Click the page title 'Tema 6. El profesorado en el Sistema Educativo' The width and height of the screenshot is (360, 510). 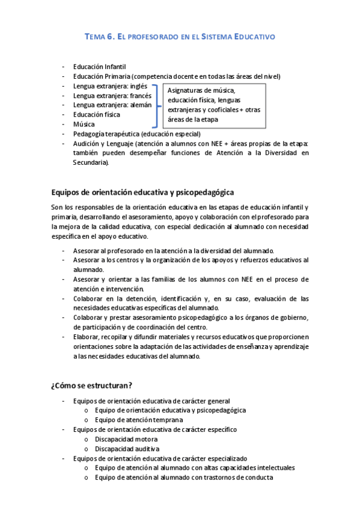[x=180, y=37]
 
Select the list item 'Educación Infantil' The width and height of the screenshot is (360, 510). [x=99, y=67]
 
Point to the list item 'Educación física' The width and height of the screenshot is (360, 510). [x=96, y=114]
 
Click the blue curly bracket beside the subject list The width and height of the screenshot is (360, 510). [x=157, y=105]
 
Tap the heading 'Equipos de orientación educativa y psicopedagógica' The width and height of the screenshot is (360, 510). [x=142, y=192]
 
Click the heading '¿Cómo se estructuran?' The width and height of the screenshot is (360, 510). [x=92, y=386]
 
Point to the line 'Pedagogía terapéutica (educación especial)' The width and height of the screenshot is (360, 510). [x=136, y=134]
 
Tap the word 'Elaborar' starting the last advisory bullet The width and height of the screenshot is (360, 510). [x=87, y=336]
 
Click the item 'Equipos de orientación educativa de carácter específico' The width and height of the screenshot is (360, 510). [x=154, y=429]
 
